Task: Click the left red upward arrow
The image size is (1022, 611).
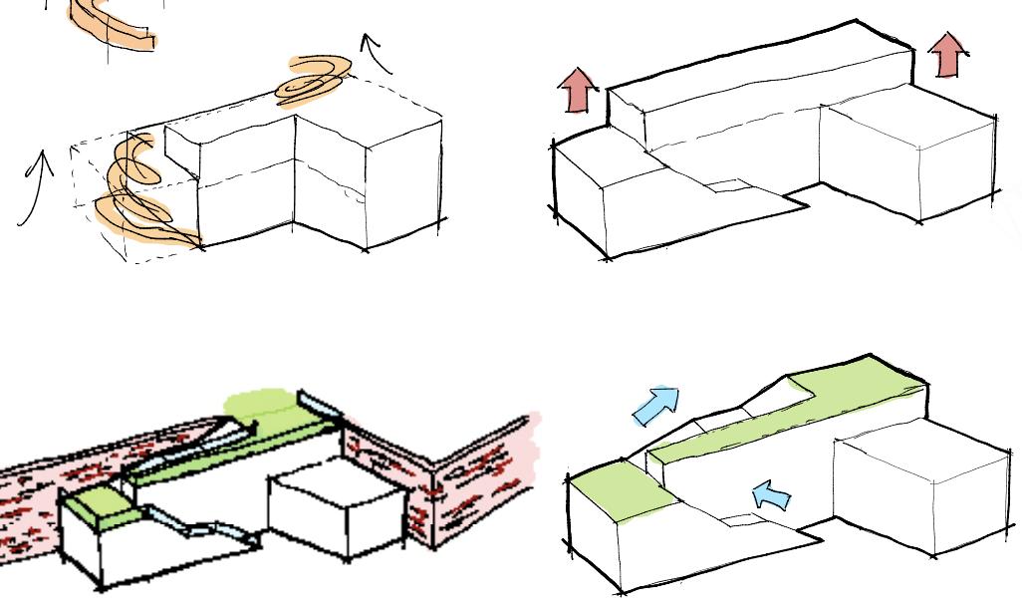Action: [578, 92]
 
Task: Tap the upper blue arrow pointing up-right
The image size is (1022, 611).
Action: [656, 405]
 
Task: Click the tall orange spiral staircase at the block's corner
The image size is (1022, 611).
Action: [139, 194]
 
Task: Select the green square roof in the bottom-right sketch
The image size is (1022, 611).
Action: [618, 489]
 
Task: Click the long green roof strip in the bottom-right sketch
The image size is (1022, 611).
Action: [787, 409]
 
